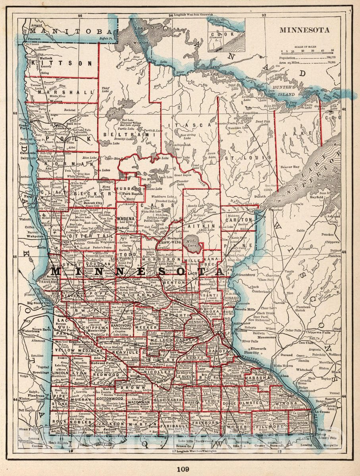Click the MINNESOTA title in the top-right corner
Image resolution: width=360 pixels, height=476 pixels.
click(304, 30)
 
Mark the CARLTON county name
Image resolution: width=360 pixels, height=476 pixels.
click(239, 219)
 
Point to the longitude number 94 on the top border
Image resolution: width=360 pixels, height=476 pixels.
click(171, 15)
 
